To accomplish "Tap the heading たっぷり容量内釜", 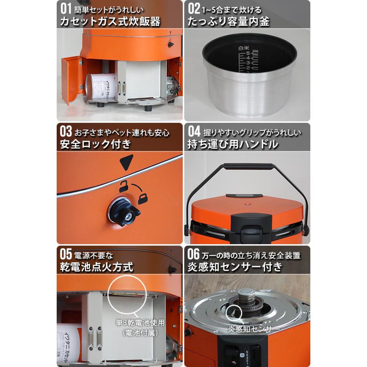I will (228, 21).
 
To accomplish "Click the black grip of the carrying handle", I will (249, 166).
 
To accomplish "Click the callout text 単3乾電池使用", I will (140, 323).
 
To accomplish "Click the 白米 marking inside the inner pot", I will (243, 48).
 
